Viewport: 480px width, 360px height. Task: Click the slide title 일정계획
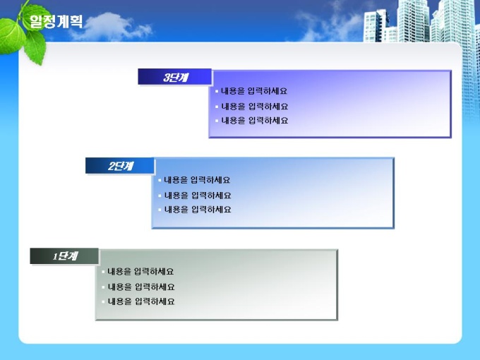(x=56, y=21)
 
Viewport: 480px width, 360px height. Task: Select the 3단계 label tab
(x=175, y=76)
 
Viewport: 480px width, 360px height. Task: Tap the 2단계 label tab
(x=120, y=166)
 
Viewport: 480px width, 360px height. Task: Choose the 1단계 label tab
(x=64, y=256)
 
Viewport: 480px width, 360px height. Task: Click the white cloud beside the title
(x=112, y=27)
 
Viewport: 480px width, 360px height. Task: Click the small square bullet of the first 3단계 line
(x=217, y=91)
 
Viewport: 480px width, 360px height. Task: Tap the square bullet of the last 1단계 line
(x=103, y=301)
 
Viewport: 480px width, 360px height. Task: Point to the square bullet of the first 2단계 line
(x=160, y=180)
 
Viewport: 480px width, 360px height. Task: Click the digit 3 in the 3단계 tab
(x=167, y=77)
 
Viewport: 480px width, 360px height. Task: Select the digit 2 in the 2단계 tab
(x=112, y=166)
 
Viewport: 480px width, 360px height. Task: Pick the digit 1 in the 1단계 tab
(x=55, y=256)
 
